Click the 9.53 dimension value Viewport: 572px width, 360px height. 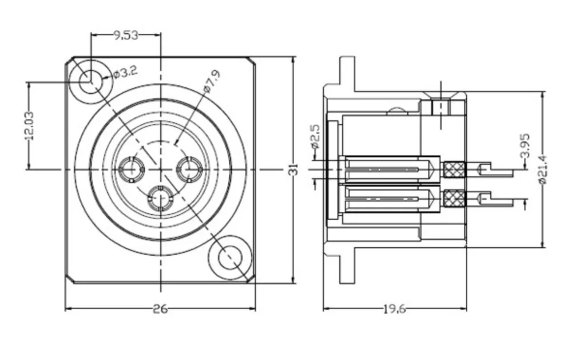coord(126,35)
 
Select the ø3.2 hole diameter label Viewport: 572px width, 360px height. coord(125,72)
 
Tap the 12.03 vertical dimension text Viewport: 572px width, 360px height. coord(29,126)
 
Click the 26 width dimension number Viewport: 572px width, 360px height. coord(160,309)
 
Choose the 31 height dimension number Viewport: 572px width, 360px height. coord(293,170)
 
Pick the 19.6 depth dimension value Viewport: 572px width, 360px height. coord(394,309)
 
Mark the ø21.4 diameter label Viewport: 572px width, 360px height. coord(542,169)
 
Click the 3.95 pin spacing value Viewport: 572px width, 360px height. coord(524,146)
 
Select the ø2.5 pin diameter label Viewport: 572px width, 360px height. coord(315,137)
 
